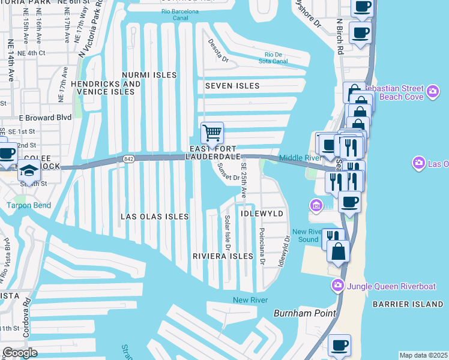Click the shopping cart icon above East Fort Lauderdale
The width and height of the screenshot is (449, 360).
tap(211, 133)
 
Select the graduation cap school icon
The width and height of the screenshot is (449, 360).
tap(29, 171)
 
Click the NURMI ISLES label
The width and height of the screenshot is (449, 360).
tap(149, 75)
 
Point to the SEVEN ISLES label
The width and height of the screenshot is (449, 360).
tap(232, 86)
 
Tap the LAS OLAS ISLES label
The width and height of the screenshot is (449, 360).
tap(155, 216)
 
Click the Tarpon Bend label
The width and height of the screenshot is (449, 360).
tap(29, 205)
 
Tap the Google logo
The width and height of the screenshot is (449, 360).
tap(20, 352)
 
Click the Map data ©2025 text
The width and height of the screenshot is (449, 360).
tap(423, 355)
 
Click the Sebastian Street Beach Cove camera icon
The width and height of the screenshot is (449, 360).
tap(433, 91)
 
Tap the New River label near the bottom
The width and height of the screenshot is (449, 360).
tap(250, 299)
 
